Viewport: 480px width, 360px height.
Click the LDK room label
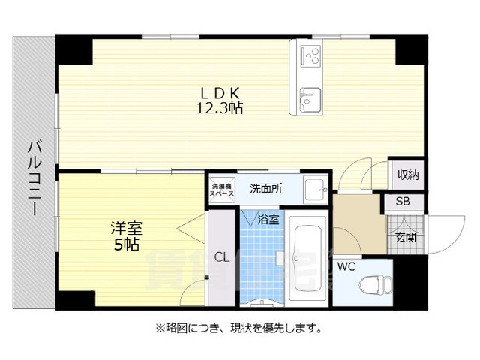pos(219,92)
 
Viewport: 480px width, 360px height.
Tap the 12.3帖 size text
pos(219,108)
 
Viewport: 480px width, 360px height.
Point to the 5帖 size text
pos(126,244)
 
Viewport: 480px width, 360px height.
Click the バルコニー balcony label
pos(34,180)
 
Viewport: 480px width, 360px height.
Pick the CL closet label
pos(221,257)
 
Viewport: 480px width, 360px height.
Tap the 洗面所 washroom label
pos(265,188)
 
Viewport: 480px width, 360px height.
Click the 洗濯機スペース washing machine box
pos(223,190)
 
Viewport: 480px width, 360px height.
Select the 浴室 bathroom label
pos(268,220)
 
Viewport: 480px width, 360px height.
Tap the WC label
pos(346,265)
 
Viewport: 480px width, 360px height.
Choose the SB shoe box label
pos(403,202)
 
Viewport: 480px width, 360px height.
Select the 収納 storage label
pos(407,175)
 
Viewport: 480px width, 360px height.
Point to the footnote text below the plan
pos(239,328)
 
